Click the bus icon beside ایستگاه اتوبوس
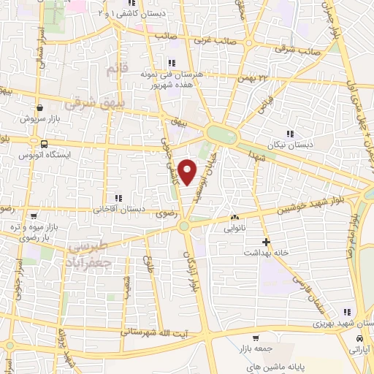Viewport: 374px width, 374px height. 45,143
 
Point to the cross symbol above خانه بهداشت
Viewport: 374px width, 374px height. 266,241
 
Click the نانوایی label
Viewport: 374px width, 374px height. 235,227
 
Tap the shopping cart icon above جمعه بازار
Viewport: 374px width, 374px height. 255,338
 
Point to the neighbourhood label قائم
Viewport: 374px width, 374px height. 111,71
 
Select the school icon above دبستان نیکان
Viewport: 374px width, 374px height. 291,134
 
